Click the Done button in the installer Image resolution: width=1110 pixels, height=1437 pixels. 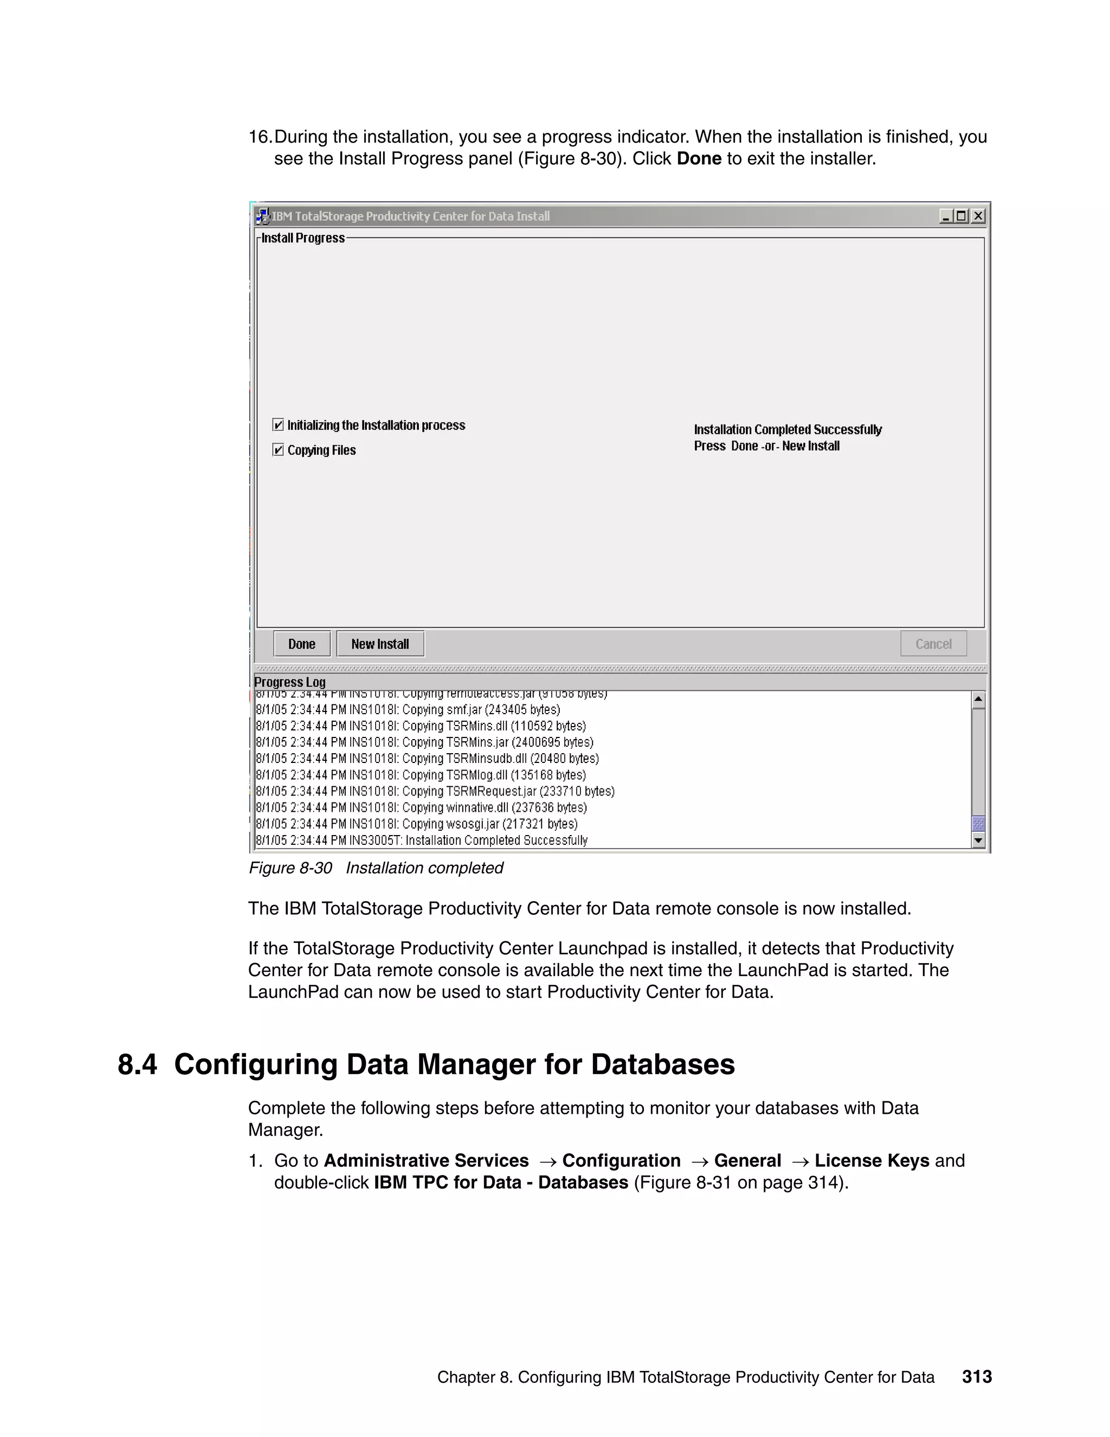pos(302,644)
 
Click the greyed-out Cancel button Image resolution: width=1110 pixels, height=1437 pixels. pos(933,644)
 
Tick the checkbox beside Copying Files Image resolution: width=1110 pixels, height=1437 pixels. pos(278,450)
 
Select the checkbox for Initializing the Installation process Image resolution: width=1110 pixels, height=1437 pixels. pos(278,425)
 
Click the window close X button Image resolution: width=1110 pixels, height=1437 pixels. pos(978,216)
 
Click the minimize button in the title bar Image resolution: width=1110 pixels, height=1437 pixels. pos(946,216)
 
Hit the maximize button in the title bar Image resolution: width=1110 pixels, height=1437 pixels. pos(962,216)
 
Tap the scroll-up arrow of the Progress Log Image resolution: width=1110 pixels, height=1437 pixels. pos(978,700)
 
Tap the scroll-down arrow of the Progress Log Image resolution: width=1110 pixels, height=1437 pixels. pos(978,840)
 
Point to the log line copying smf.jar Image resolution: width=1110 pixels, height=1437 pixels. pos(408,710)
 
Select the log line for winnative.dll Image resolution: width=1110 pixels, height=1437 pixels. pos(421,807)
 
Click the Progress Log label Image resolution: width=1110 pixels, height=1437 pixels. pos(290,682)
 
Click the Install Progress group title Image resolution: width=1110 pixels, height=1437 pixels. pos(303,238)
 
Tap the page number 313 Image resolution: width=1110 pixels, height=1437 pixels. pos(977,1376)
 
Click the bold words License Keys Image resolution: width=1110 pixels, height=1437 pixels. pos(872,1160)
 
